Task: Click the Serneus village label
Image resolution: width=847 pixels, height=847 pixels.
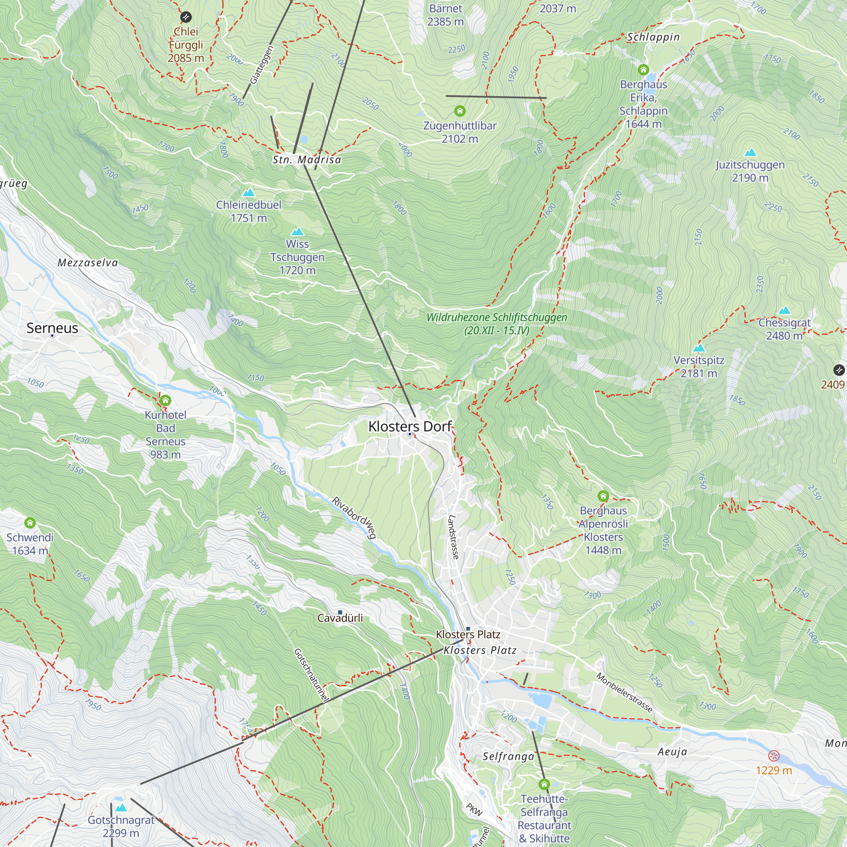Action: pyautogui.click(x=52, y=328)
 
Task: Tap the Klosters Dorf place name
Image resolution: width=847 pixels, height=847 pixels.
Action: pyautogui.click(x=410, y=426)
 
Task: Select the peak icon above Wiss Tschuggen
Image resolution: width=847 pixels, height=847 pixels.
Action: pyautogui.click(x=298, y=232)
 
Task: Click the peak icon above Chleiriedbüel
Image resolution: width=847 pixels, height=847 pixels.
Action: pyautogui.click(x=249, y=192)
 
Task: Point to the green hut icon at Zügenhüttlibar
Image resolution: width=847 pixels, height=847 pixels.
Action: pyautogui.click(x=459, y=111)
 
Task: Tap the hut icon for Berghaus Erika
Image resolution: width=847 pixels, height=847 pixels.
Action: pyautogui.click(x=643, y=70)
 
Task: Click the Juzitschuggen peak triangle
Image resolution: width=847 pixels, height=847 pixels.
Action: pyautogui.click(x=750, y=152)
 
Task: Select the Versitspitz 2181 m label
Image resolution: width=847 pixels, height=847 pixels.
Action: pyautogui.click(x=699, y=366)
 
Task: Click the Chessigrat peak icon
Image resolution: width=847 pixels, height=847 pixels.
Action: pyautogui.click(x=784, y=310)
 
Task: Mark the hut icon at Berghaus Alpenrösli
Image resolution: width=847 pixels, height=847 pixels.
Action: pyautogui.click(x=603, y=496)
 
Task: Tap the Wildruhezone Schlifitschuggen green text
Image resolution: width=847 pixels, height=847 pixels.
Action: pyautogui.click(x=497, y=324)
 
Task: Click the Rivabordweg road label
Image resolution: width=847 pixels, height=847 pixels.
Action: pyautogui.click(x=354, y=518)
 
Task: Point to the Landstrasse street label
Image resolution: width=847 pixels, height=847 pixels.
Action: pyautogui.click(x=453, y=537)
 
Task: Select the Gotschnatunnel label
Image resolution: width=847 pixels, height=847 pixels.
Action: pyautogui.click(x=311, y=675)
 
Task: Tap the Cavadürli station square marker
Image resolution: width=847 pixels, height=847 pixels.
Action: pyautogui.click(x=340, y=612)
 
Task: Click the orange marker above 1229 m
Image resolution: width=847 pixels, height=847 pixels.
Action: pyautogui.click(x=774, y=756)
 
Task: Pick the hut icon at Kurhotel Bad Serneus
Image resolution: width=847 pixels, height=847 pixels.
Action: pyautogui.click(x=165, y=400)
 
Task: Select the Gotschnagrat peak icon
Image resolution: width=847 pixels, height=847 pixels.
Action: pyautogui.click(x=121, y=808)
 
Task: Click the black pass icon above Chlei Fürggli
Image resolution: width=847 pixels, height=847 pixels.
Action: pyautogui.click(x=186, y=17)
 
